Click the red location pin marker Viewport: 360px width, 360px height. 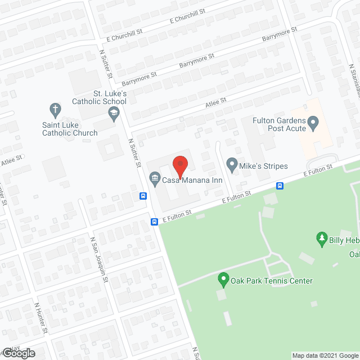coord(180,164)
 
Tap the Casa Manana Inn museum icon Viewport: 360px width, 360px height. coord(154,179)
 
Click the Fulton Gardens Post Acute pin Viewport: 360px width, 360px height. coord(314,121)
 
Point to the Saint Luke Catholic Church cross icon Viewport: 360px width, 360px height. coord(55,109)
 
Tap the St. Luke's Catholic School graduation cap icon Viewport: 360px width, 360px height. coord(114,114)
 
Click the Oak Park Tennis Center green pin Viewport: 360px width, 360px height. coord(223,278)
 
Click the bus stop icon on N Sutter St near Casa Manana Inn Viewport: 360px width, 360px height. coord(143,196)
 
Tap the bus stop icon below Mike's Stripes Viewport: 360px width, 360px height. coord(280,186)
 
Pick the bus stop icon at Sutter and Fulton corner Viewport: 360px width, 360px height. coord(154,222)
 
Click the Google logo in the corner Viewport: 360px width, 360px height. coord(18,353)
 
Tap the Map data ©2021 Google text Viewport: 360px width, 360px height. coord(325,355)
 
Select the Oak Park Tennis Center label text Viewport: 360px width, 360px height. coord(272,281)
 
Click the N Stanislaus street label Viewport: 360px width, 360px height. coord(354,82)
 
